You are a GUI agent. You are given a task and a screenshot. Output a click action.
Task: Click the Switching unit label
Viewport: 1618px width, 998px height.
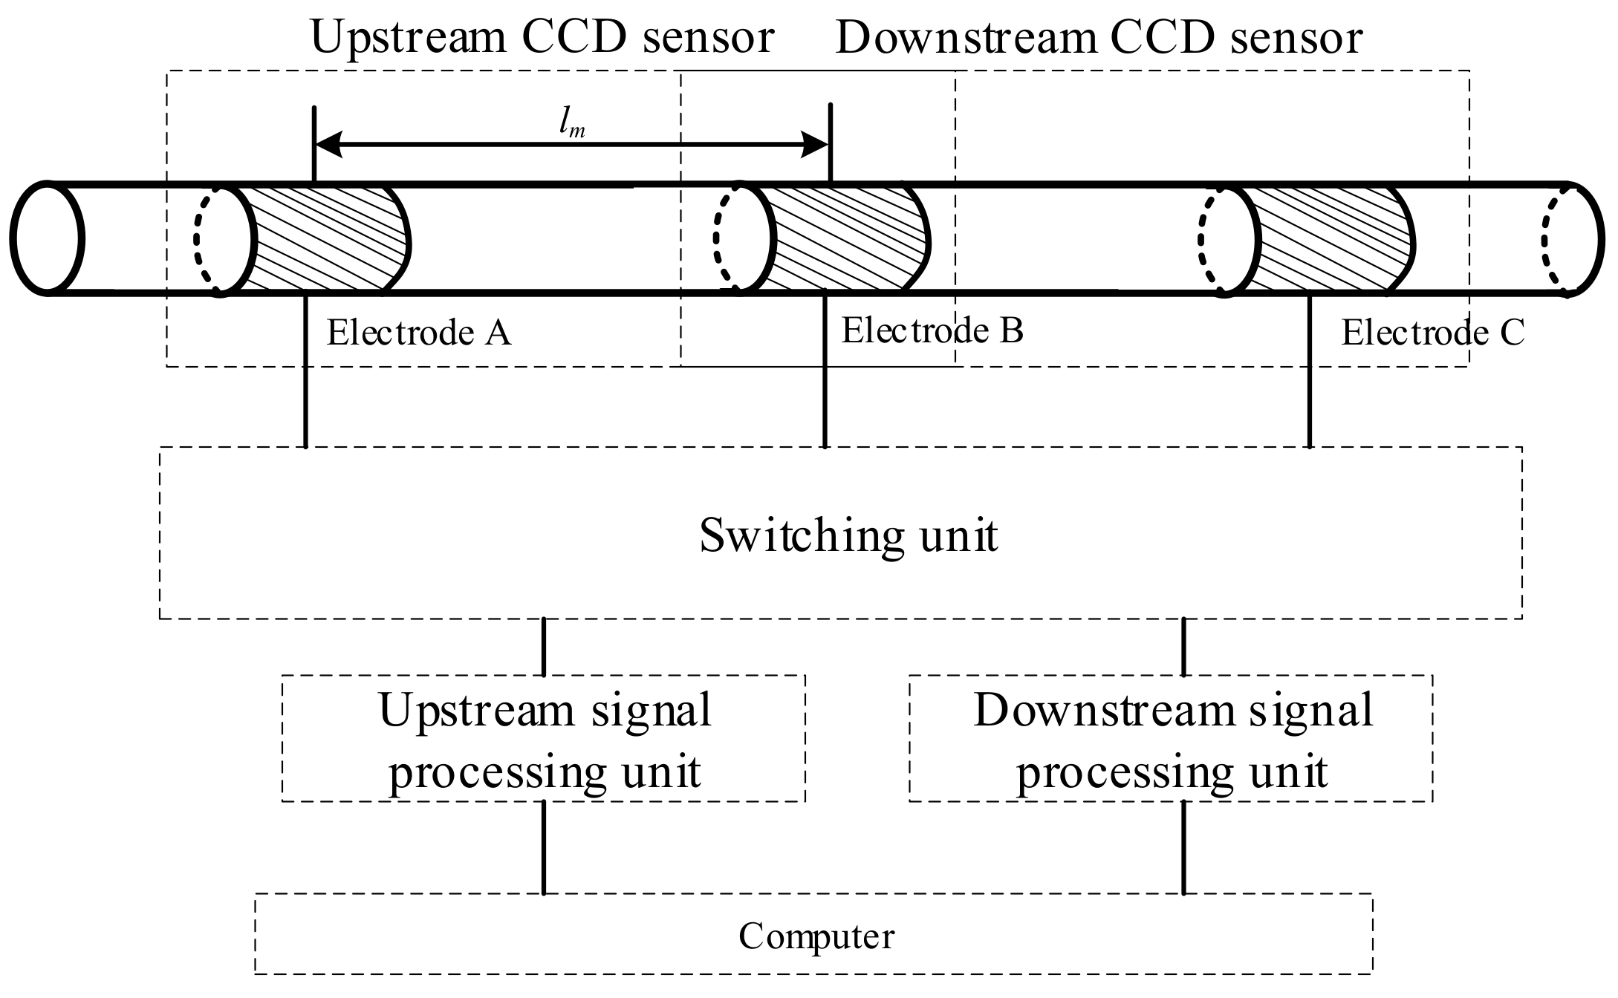pyautogui.click(x=848, y=535)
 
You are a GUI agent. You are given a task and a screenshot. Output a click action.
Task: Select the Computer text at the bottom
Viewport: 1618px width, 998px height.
pyautogui.click(x=816, y=936)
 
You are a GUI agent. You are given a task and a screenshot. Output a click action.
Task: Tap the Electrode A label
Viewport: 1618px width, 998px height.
pyautogui.click(x=419, y=333)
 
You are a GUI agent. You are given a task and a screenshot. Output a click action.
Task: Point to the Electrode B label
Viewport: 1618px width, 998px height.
pyautogui.click(x=932, y=330)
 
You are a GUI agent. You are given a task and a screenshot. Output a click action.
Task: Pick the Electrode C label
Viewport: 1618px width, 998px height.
pyautogui.click(x=1432, y=333)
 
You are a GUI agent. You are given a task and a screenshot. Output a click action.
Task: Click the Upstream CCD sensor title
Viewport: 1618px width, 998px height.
pyautogui.click(x=542, y=37)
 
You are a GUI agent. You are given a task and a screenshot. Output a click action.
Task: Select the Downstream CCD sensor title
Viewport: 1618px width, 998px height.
pyautogui.click(x=1099, y=37)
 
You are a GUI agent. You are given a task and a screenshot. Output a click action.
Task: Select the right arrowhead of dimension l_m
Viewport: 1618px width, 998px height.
pyautogui.click(x=814, y=144)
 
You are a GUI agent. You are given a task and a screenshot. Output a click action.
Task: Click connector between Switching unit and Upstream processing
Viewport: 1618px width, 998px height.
pyautogui.click(x=545, y=647)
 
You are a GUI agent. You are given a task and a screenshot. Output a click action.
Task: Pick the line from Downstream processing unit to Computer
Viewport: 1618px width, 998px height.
pyautogui.click(x=1183, y=847)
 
